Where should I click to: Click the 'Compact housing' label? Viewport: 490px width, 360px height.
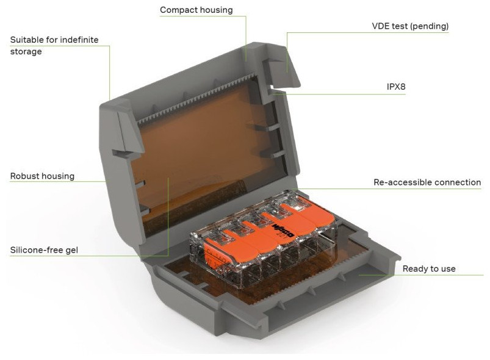point(196,10)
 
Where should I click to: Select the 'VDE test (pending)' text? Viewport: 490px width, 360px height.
point(410,26)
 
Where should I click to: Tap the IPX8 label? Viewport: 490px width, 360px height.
point(396,87)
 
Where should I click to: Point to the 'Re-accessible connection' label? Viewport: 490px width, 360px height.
point(427,182)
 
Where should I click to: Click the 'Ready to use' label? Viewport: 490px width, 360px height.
point(429,268)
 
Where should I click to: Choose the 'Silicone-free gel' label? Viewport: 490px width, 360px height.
point(44,250)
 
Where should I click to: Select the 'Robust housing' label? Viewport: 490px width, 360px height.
point(42,176)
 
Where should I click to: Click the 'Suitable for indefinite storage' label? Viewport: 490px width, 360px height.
point(54,45)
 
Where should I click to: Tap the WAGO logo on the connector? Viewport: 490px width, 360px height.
point(283,230)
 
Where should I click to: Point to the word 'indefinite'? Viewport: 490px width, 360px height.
point(79,40)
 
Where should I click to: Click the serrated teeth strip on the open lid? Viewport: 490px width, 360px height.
point(197,98)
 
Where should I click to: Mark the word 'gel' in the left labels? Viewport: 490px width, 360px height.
point(71,250)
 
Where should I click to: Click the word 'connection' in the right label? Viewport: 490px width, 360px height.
point(456,182)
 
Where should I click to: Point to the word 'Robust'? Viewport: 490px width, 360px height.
point(25,176)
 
